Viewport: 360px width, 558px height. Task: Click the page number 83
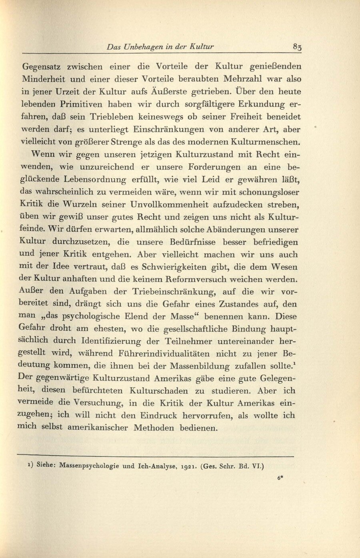(x=297, y=46)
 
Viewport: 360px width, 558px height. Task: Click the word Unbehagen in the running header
(x=144, y=46)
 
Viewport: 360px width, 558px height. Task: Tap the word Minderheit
(x=44, y=79)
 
